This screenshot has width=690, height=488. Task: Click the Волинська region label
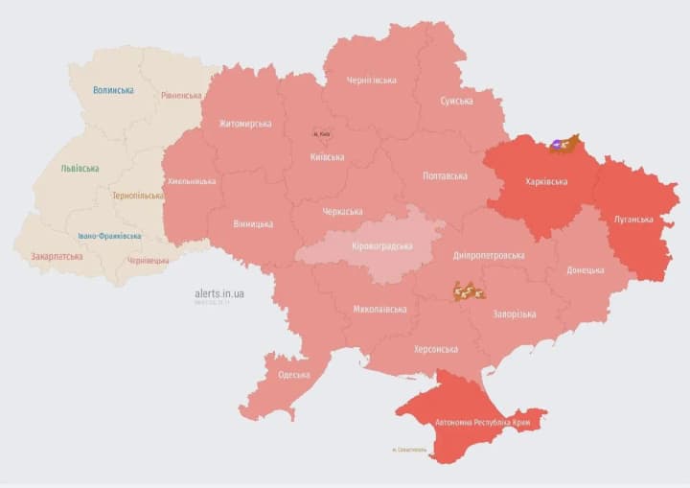113,90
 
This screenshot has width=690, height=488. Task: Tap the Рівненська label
181,96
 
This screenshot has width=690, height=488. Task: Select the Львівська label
80,168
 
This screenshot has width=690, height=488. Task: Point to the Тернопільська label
137,196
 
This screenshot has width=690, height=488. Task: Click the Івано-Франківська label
109,236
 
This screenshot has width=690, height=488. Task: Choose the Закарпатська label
57,256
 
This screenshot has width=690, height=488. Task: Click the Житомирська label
244,123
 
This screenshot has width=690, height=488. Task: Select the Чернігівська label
371,81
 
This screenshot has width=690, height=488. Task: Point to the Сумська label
456,101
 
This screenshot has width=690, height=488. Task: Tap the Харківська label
546,181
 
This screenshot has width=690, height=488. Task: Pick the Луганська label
633,220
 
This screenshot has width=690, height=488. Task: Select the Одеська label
293,375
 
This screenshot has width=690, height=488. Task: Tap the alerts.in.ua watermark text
218,292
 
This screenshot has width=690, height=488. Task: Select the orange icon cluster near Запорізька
470,290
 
